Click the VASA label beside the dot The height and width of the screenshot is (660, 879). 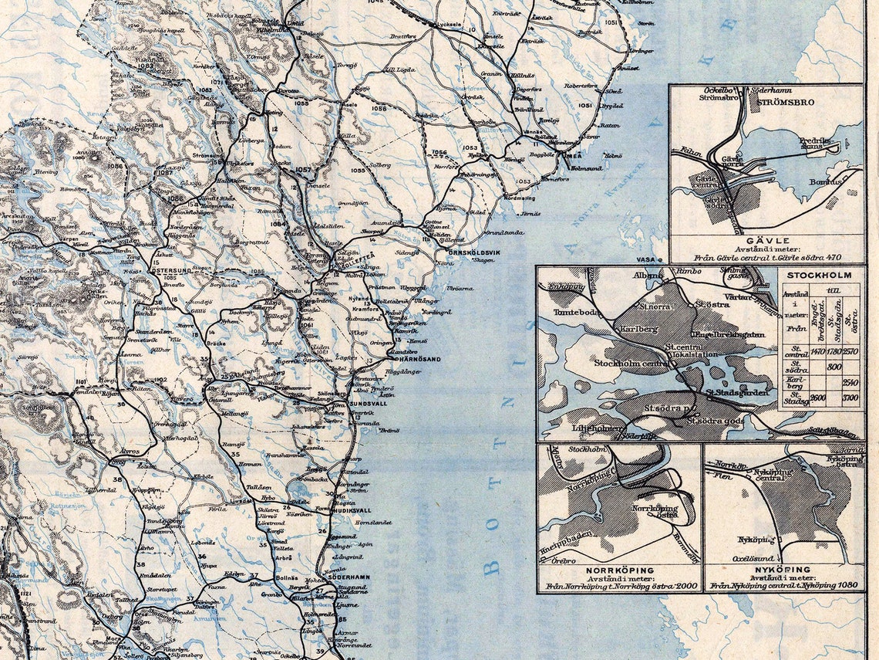click(x=645, y=260)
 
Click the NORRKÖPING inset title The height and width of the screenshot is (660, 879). click(x=619, y=568)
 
